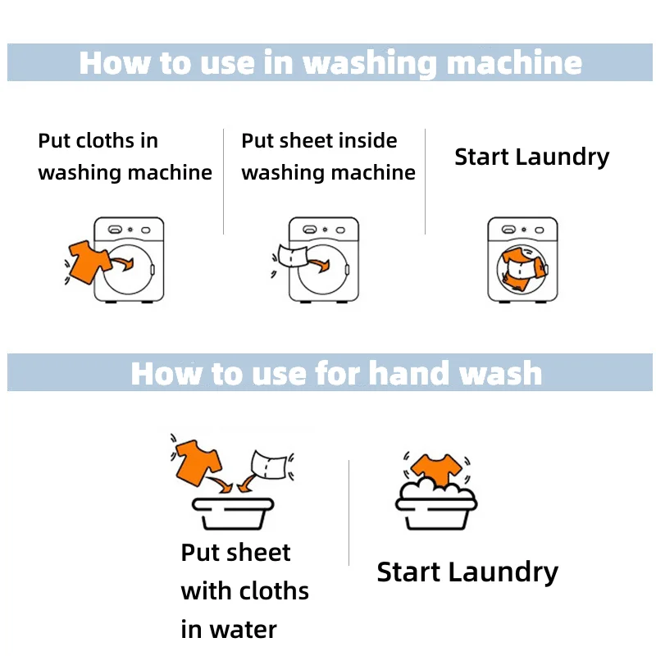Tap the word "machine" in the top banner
(515, 62)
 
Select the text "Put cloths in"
(98, 140)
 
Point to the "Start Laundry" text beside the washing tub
(467, 572)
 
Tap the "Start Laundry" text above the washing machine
(531, 157)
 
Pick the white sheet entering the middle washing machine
(292, 256)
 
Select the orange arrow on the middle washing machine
(319, 264)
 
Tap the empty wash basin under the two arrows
(233, 513)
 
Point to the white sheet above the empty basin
(269, 464)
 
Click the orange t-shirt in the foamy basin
(436, 469)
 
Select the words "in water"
(229, 629)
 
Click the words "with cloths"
(244, 590)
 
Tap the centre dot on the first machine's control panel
(130, 230)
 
